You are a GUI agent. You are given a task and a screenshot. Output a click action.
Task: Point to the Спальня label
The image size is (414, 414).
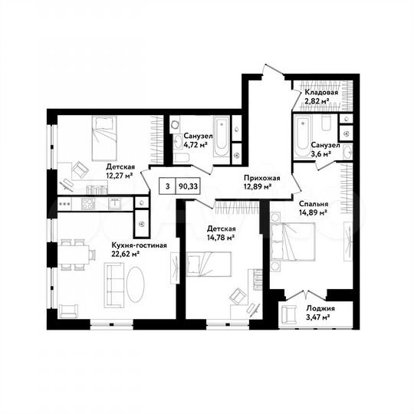coord(313,205)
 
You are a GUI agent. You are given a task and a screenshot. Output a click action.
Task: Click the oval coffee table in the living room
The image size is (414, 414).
coord(136,284)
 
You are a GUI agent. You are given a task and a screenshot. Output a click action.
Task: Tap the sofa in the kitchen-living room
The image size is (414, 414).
coord(115,284)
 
